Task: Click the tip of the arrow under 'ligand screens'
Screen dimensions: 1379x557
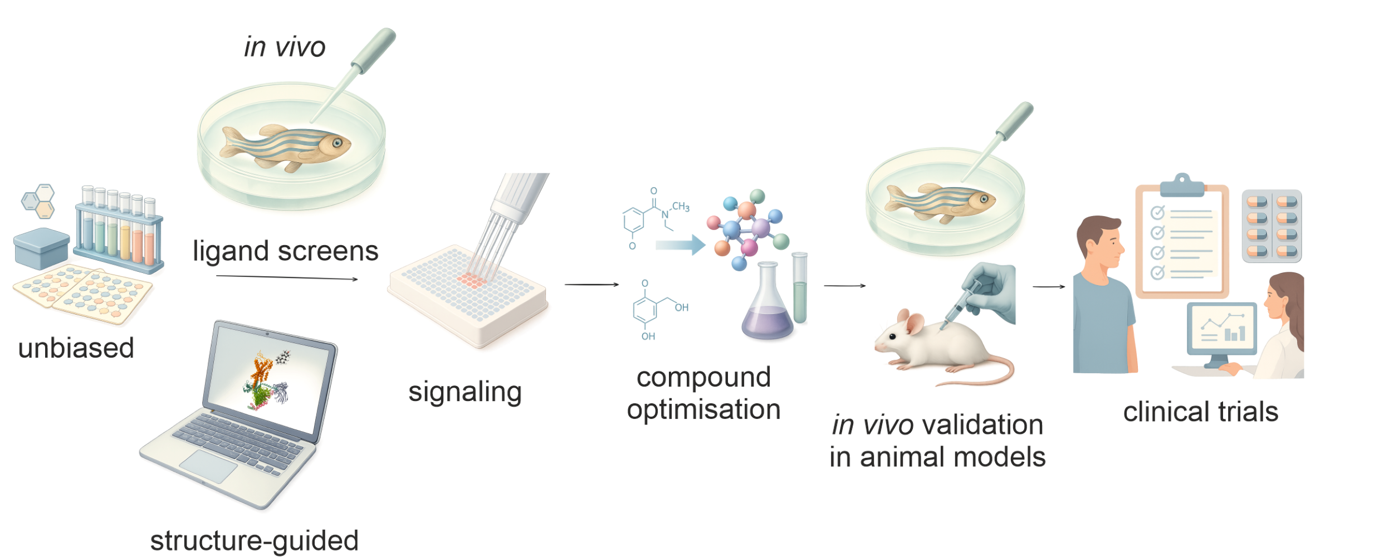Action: coord(358,279)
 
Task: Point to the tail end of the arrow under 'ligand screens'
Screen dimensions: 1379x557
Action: coord(216,276)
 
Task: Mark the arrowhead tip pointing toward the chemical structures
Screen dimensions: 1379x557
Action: coord(619,285)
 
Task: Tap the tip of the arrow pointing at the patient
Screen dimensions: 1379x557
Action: coord(1065,287)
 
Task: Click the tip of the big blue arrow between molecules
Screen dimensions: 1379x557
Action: coord(706,245)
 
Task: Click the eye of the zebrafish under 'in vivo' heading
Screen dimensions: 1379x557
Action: coord(338,143)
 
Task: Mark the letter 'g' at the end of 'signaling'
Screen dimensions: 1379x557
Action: coord(514,394)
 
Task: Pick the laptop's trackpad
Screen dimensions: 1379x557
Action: coord(208,466)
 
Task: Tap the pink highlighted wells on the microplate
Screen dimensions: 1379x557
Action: coord(472,280)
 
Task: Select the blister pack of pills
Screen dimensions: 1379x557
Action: coord(1272,226)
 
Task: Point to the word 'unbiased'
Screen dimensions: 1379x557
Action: coord(76,348)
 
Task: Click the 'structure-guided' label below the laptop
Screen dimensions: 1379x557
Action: coord(255,541)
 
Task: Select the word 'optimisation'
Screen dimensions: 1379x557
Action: coord(704,409)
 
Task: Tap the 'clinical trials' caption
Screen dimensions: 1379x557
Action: coord(1201,412)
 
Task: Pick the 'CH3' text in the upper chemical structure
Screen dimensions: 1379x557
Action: coord(681,207)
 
